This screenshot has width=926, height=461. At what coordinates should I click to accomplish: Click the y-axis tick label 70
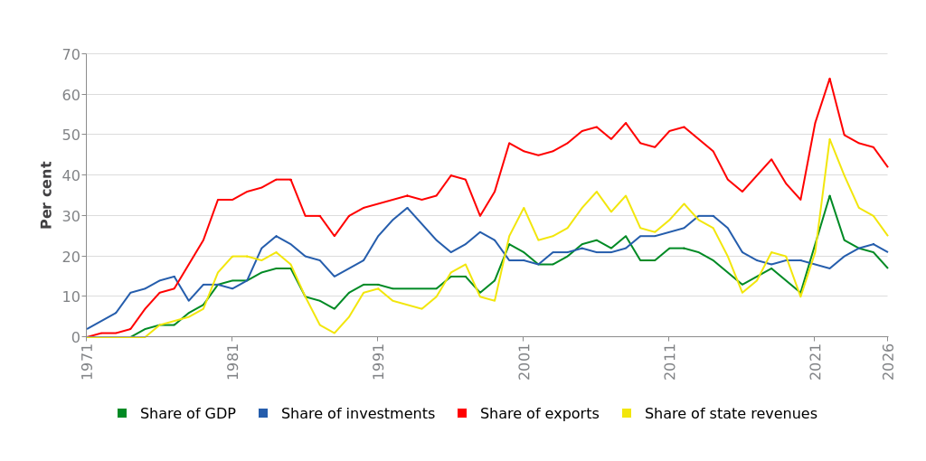70,54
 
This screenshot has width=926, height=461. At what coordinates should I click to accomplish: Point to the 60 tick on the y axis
70,95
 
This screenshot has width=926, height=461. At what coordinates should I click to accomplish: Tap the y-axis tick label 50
70,135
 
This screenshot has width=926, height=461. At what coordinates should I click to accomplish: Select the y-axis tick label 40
70,175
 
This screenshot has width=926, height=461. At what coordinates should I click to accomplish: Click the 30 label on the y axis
70,216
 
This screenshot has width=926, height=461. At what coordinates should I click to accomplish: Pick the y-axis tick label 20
70,257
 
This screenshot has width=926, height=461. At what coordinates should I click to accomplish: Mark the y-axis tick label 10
70,296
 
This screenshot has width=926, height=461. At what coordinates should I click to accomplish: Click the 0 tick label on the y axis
74,337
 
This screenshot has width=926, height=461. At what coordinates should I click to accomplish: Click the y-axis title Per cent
47,194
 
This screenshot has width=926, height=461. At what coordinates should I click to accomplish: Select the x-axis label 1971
88,361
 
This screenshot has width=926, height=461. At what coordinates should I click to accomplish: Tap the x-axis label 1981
232,361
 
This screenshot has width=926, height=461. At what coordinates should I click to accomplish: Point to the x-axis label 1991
378,361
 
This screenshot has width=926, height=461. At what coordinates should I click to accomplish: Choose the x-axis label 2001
524,361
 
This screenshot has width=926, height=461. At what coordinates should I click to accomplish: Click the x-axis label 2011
669,361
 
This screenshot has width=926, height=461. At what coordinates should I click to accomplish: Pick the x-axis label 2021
815,361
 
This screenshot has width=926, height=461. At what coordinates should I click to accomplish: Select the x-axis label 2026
888,361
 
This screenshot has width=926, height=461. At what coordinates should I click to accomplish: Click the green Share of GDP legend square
122,413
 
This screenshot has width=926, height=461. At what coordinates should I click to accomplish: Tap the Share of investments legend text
357,414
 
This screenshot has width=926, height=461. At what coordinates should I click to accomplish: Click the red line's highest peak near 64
829,79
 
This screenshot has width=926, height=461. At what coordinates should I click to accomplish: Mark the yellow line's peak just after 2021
829,139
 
